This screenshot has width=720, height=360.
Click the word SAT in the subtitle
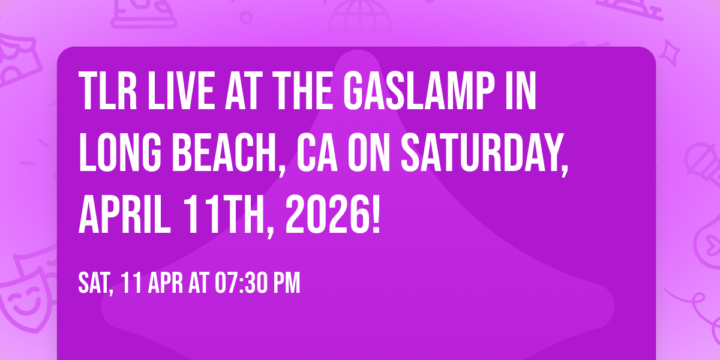point(95,283)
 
